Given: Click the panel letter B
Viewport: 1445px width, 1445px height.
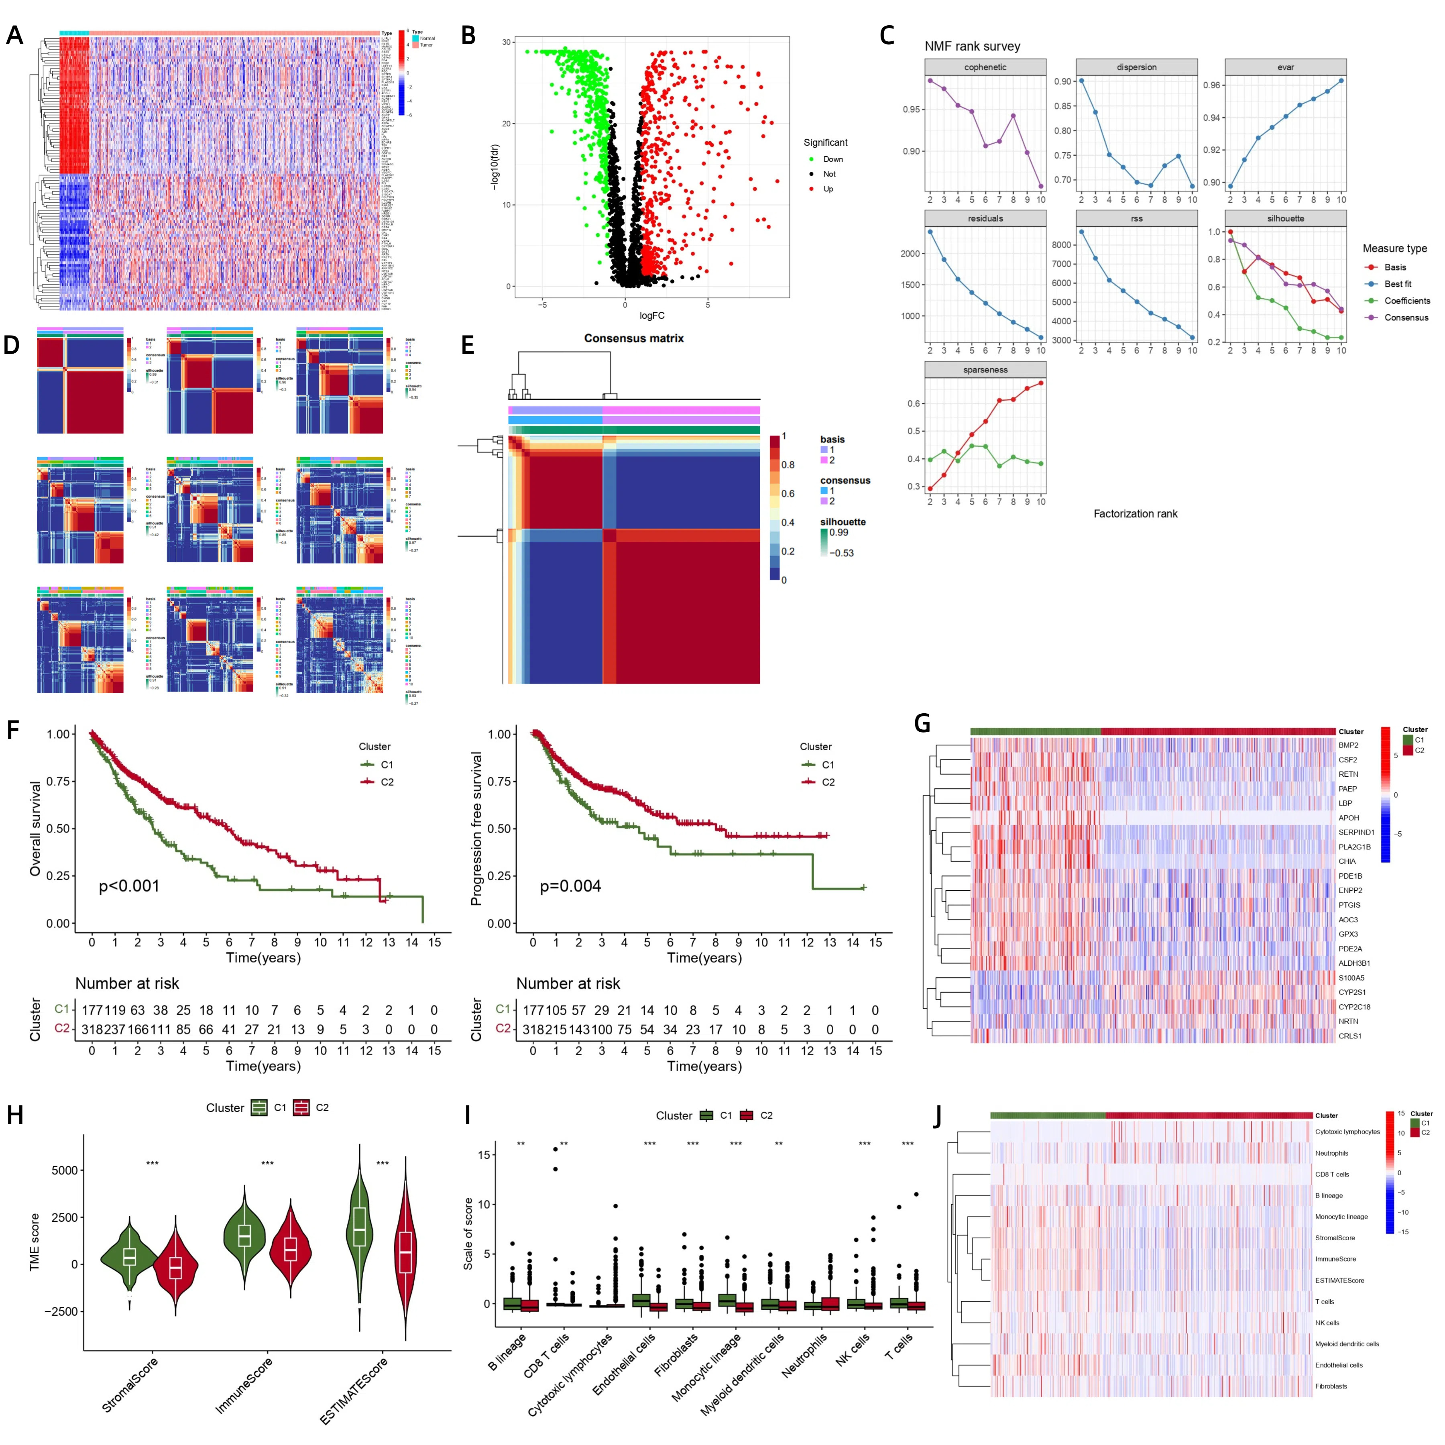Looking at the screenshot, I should (x=468, y=35).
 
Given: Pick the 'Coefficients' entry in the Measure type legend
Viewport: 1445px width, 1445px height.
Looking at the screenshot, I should (x=1406, y=301).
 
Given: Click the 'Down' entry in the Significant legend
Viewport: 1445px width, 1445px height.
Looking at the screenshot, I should (x=832, y=159).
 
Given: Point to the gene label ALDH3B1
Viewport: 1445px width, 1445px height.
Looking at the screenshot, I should (x=1354, y=963).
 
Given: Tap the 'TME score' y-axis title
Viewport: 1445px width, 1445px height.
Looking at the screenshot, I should (x=35, y=1241).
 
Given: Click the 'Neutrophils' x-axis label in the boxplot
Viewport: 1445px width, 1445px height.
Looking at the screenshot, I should (x=804, y=1355).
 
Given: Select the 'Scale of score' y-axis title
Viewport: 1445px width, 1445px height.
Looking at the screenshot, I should (x=468, y=1234).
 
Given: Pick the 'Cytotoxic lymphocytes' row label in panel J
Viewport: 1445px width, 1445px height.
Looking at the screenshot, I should (x=1347, y=1132).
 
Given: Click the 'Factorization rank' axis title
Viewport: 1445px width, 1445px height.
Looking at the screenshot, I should (x=1135, y=514).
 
